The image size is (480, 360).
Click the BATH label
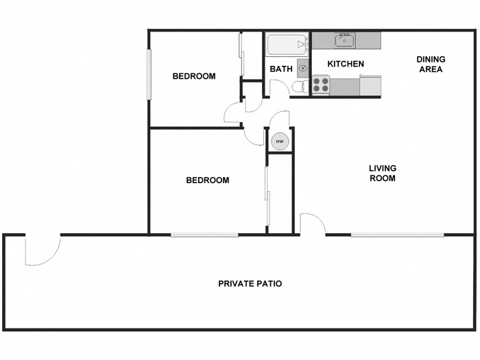pyautogui.click(x=281, y=69)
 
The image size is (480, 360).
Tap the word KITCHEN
pyautogui.click(x=345, y=64)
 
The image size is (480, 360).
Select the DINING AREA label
pyautogui.click(x=430, y=64)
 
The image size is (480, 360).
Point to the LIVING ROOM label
pyautogui.click(x=383, y=173)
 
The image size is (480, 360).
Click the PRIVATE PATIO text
pyautogui.click(x=250, y=283)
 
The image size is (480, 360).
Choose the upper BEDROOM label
pyautogui.click(x=193, y=76)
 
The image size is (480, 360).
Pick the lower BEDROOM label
pyautogui.click(x=207, y=180)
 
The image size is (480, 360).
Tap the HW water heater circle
pyautogui.click(x=279, y=141)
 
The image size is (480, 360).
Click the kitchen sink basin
pyautogui.click(x=344, y=40)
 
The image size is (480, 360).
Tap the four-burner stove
pyautogui.click(x=321, y=84)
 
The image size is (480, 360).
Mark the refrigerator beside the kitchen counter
pyautogui.click(x=370, y=85)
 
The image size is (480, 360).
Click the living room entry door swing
pyautogui.click(x=312, y=225)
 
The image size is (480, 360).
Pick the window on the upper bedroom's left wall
pyautogui.click(x=149, y=75)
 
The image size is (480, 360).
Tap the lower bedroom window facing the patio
pyautogui.click(x=204, y=235)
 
